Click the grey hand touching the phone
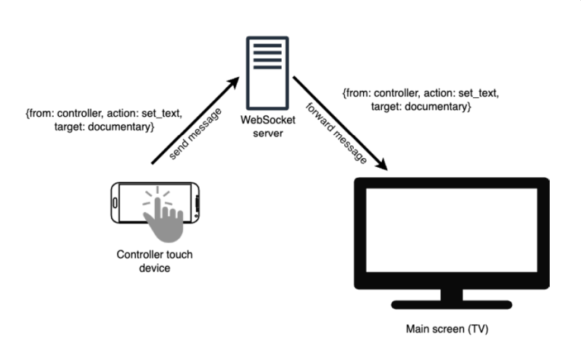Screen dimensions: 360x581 [163, 217]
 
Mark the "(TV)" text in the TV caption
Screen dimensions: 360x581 [476, 330]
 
